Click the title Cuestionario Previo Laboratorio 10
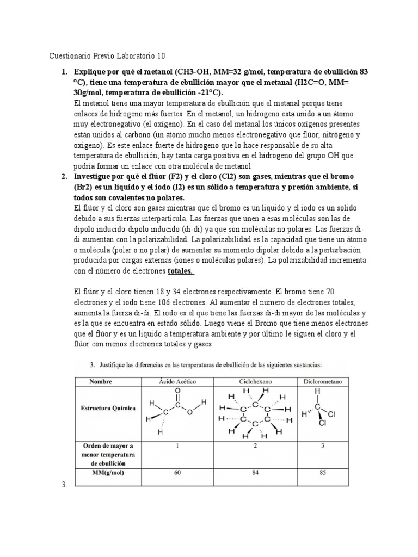click(x=107, y=56)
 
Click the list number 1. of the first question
click(x=64, y=72)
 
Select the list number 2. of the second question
click(x=64, y=177)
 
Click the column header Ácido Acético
click(x=177, y=382)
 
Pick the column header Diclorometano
click(x=322, y=382)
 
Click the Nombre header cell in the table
click(x=108, y=382)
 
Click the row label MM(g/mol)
click(x=108, y=472)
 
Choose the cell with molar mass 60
click(x=177, y=472)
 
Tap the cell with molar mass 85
click(x=322, y=472)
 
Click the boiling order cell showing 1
click(x=177, y=447)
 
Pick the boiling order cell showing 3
click(x=322, y=447)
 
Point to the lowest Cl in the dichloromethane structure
click(x=323, y=423)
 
